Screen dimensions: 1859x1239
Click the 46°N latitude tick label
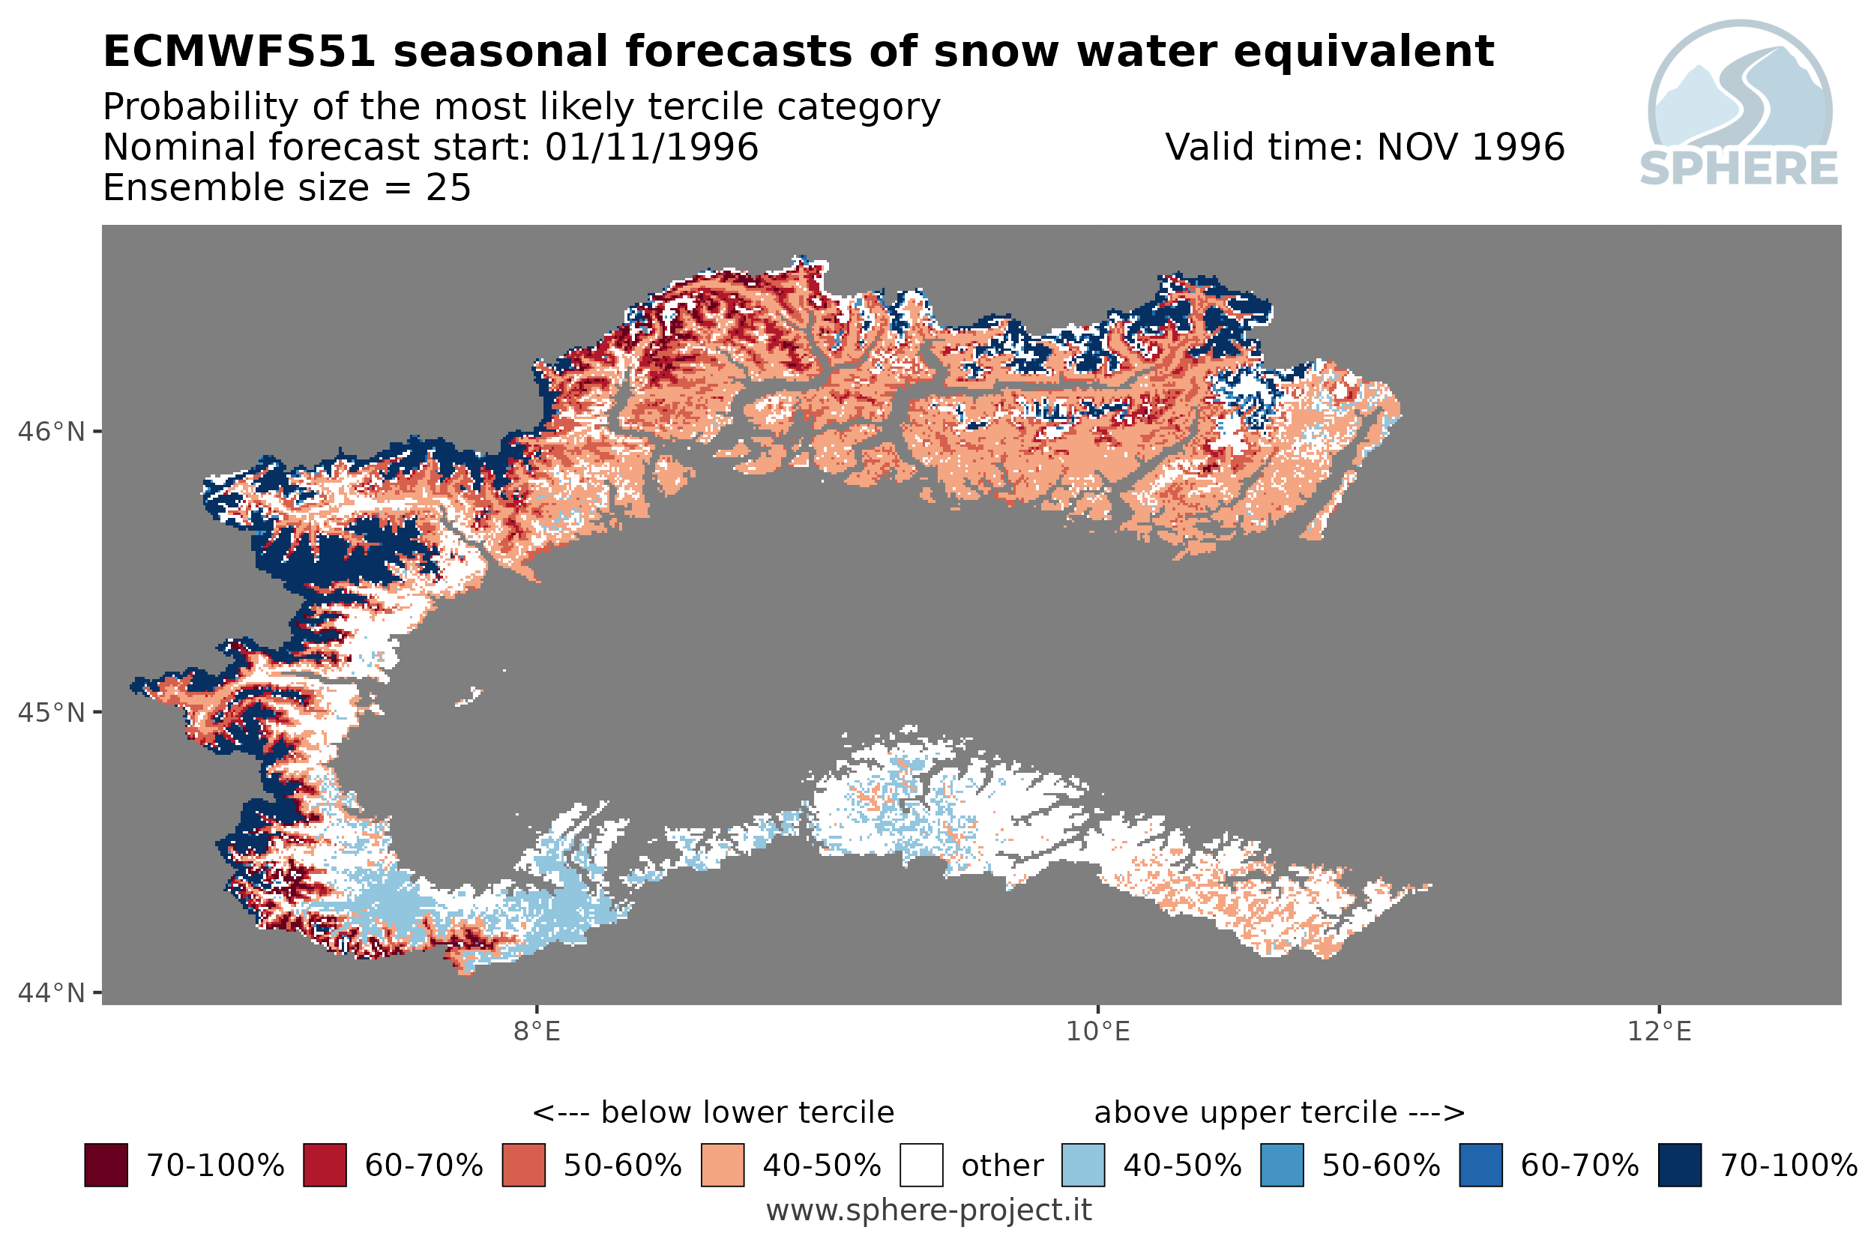coord(50,432)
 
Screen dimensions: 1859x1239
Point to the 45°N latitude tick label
coord(50,713)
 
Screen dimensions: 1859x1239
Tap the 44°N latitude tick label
coord(50,992)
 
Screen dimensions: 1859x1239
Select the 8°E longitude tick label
coord(537,1031)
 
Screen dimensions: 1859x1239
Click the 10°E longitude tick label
coord(1098,1031)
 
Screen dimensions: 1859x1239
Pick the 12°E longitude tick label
coord(1659,1031)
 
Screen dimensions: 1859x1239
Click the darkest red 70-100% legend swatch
coord(106,1165)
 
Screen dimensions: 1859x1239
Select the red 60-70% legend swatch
coord(325,1165)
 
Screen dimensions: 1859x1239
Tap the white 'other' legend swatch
coord(921,1165)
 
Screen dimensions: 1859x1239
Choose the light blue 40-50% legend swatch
coord(1083,1165)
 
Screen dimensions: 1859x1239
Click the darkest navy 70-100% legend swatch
coord(1680,1165)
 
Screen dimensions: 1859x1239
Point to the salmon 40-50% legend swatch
coord(722,1165)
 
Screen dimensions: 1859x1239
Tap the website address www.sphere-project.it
coord(929,1211)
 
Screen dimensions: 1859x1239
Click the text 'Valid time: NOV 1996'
coord(1364,147)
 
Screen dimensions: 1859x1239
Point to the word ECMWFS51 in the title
coord(239,52)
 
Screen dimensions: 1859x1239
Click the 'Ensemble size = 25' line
coord(287,188)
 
